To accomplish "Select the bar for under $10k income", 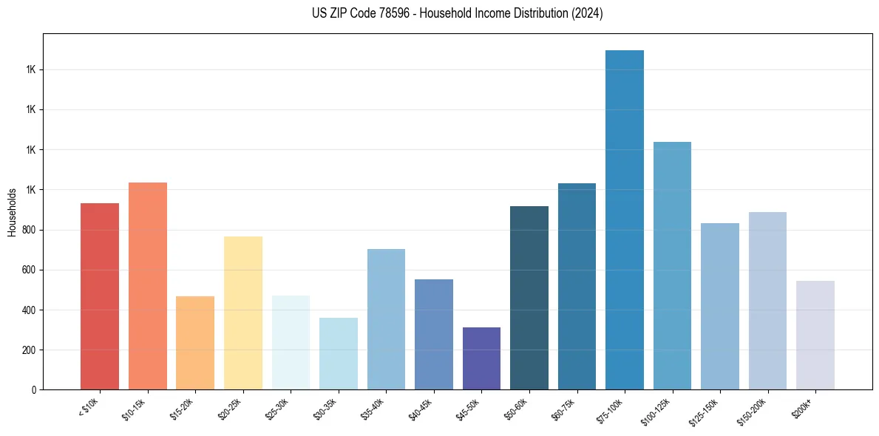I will (x=100, y=296).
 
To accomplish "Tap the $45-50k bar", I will (x=481, y=358).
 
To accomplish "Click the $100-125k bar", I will (x=672, y=265).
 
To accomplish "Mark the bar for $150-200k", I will (x=767, y=300).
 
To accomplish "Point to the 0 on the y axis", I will (x=34, y=389).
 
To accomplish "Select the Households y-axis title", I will (x=12, y=212).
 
